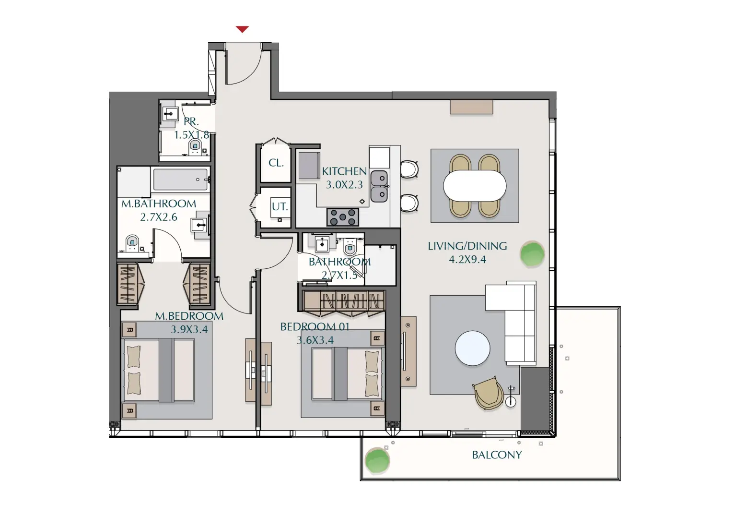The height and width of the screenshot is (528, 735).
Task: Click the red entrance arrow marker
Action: pyautogui.click(x=242, y=29)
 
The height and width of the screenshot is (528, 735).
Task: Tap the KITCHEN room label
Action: pyautogui.click(x=344, y=171)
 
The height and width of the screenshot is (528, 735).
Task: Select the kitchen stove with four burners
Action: pyautogui.click(x=343, y=217)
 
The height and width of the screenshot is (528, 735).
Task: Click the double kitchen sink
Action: pyautogui.click(x=379, y=186)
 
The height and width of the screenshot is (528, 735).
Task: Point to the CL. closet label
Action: pyautogui.click(x=276, y=163)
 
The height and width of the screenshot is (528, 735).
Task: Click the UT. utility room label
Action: pyautogui.click(x=280, y=207)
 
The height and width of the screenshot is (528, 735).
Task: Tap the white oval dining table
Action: pyautogui.click(x=475, y=186)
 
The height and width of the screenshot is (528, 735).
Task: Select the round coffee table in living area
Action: pyautogui.click(x=472, y=348)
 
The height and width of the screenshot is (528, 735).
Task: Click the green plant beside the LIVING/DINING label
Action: pyautogui.click(x=532, y=254)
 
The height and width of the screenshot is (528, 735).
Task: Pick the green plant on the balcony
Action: pyautogui.click(x=377, y=460)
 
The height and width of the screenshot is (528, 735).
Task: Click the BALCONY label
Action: pyautogui.click(x=497, y=455)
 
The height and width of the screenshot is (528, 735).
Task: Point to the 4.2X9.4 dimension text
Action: pyautogui.click(x=467, y=260)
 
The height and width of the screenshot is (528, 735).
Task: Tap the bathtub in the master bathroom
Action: pyautogui.click(x=180, y=180)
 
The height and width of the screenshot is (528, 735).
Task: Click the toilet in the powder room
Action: pyautogui.click(x=195, y=146)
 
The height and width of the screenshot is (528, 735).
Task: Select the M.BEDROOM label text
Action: pyautogui.click(x=189, y=316)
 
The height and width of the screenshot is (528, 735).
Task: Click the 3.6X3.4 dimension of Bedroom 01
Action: pyautogui.click(x=315, y=340)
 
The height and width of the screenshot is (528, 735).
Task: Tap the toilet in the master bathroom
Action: pyautogui.click(x=132, y=243)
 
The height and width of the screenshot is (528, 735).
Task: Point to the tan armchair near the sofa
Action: pyautogui.click(x=488, y=393)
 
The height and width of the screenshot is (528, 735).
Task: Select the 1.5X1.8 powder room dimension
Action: pyautogui.click(x=192, y=135)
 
